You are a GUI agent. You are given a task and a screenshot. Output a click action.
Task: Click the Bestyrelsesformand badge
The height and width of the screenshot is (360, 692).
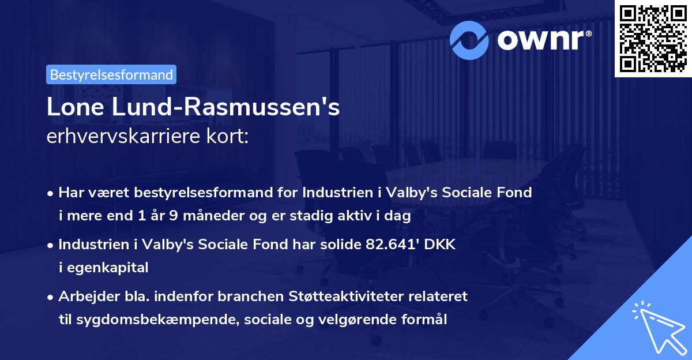coord(111,74)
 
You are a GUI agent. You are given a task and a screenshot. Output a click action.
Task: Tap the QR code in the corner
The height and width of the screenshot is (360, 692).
coord(653,38)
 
